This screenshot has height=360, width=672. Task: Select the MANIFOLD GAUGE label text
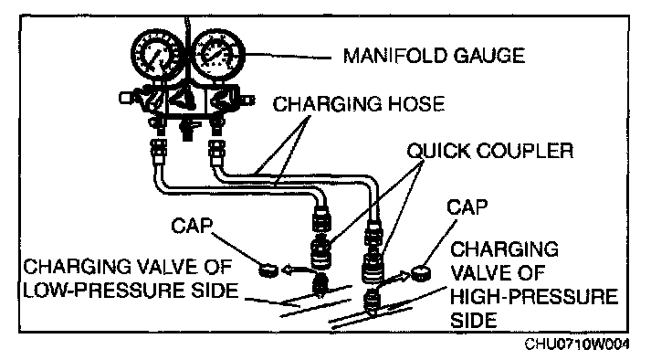434,56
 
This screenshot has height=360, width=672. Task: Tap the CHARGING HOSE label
359,104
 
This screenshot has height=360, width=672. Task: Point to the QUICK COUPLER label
490,151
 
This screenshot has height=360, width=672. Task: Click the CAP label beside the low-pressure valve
191,226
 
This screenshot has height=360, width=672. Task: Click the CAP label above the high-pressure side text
467,207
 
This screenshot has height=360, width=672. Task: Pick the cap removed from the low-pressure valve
268,271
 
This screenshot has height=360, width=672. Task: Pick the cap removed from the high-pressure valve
422,273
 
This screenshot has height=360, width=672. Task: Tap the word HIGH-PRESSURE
534,296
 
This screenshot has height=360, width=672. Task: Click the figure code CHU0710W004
577,344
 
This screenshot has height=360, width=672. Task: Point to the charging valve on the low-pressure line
320,285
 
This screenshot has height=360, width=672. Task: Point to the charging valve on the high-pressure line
372,302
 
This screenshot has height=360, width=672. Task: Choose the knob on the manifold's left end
125,98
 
